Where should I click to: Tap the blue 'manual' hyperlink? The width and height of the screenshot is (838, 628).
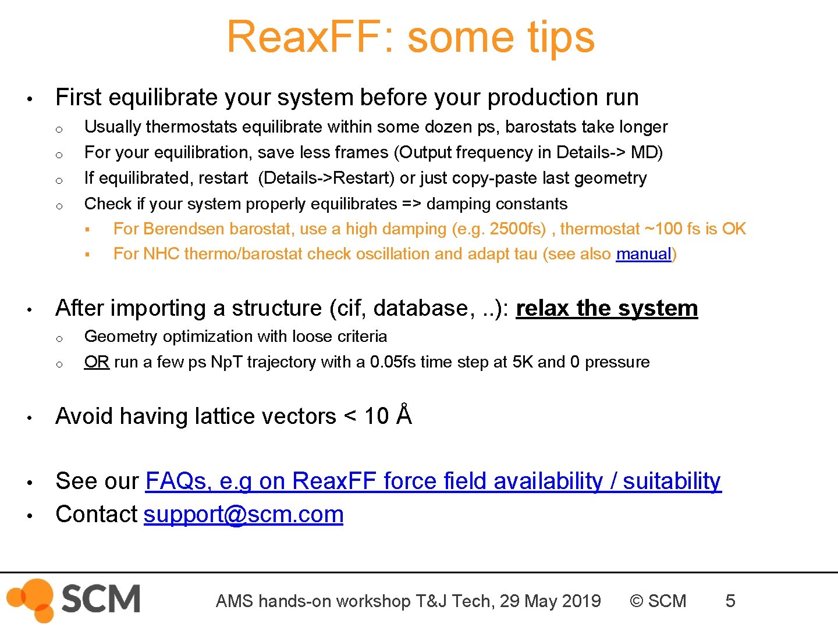pos(644,254)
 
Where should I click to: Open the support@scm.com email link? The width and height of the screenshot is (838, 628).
pos(243,515)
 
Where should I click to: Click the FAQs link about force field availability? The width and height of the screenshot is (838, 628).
pos(433,481)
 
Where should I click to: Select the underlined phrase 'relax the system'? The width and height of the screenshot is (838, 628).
pos(606,308)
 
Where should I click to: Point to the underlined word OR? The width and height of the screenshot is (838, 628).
pos(97,362)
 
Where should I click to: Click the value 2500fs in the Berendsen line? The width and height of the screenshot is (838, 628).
pos(517,229)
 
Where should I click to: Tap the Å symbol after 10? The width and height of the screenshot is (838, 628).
pos(404,415)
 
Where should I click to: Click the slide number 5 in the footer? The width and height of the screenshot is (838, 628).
pos(730,601)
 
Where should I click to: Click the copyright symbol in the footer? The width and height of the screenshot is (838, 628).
pos(637,601)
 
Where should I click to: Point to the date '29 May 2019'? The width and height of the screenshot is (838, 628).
pos(550,601)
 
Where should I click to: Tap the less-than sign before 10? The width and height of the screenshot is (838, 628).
pos(350,416)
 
